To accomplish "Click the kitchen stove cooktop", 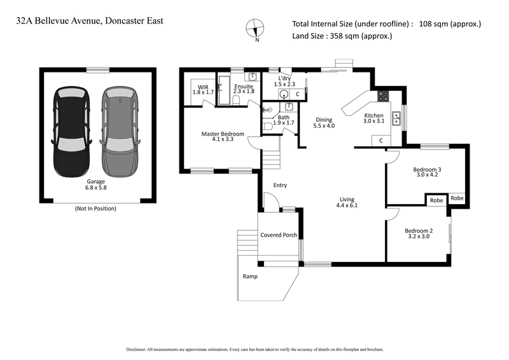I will click(384, 97).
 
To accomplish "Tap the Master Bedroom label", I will click(222, 134).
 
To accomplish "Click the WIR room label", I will click(203, 86).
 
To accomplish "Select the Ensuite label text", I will click(244, 86).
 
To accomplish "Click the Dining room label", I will click(324, 120).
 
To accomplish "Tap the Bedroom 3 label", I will click(427, 170).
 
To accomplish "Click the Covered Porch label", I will click(279, 235).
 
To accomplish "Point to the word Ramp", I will click(250, 277).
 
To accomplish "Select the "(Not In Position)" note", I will click(95, 208).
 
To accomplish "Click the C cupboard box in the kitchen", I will click(380, 140).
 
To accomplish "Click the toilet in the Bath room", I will click(267, 126).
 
